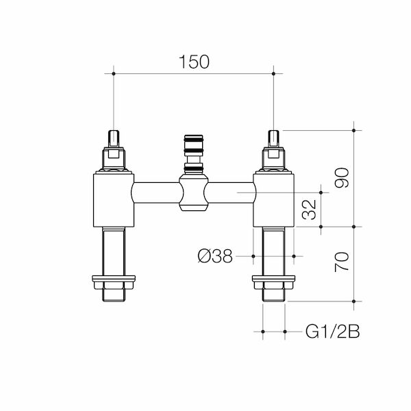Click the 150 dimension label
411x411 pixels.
click(x=194, y=61)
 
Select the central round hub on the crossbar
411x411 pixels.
click(x=193, y=193)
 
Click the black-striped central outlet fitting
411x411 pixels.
click(x=193, y=149)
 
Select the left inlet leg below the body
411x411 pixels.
click(x=112, y=250)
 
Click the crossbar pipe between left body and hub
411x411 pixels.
click(x=155, y=193)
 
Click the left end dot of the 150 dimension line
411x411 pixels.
click(x=113, y=72)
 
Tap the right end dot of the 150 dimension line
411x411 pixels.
click(x=274, y=72)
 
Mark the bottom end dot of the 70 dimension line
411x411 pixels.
click(x=353, y=301)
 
